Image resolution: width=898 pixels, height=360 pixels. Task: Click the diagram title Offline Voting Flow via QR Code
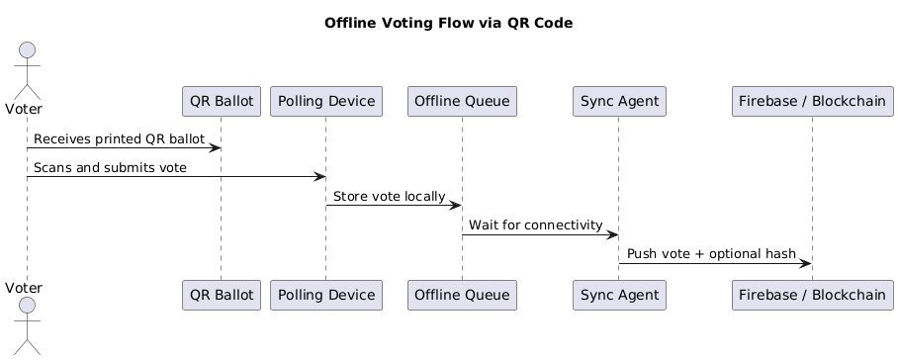(448, 23)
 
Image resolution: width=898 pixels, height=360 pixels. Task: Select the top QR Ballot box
(222, 101)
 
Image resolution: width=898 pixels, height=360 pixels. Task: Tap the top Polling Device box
(326, 101)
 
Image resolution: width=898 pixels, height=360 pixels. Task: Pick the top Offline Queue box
(462, 101)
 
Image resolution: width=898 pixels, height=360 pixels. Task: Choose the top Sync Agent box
(620, 101)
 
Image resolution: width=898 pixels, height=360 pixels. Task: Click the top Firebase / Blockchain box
(813, 101)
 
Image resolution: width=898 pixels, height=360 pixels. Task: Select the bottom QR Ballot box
(222, 296)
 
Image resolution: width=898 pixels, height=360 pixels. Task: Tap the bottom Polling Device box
(326, 296)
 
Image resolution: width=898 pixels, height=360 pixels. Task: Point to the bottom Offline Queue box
(462, 296)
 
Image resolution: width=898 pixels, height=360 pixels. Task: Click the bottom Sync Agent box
(620, 296)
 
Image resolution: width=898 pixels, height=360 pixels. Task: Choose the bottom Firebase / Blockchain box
(813, 296)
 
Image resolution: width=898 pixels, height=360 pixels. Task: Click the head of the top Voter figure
(27, 50)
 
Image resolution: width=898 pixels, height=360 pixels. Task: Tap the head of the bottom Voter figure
(27, 305)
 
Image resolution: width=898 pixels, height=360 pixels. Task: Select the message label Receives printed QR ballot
(119, 139)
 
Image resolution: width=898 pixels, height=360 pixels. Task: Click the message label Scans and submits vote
(110, 168)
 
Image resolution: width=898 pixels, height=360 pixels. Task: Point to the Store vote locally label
(390, 196)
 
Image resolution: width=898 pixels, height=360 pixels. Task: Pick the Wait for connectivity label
(535, 225)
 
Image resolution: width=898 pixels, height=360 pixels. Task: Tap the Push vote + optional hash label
(711, 253)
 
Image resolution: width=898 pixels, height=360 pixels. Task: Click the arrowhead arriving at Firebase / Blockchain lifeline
(805, 263)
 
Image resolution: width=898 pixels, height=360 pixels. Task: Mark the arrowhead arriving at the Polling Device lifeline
(319, 177)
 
